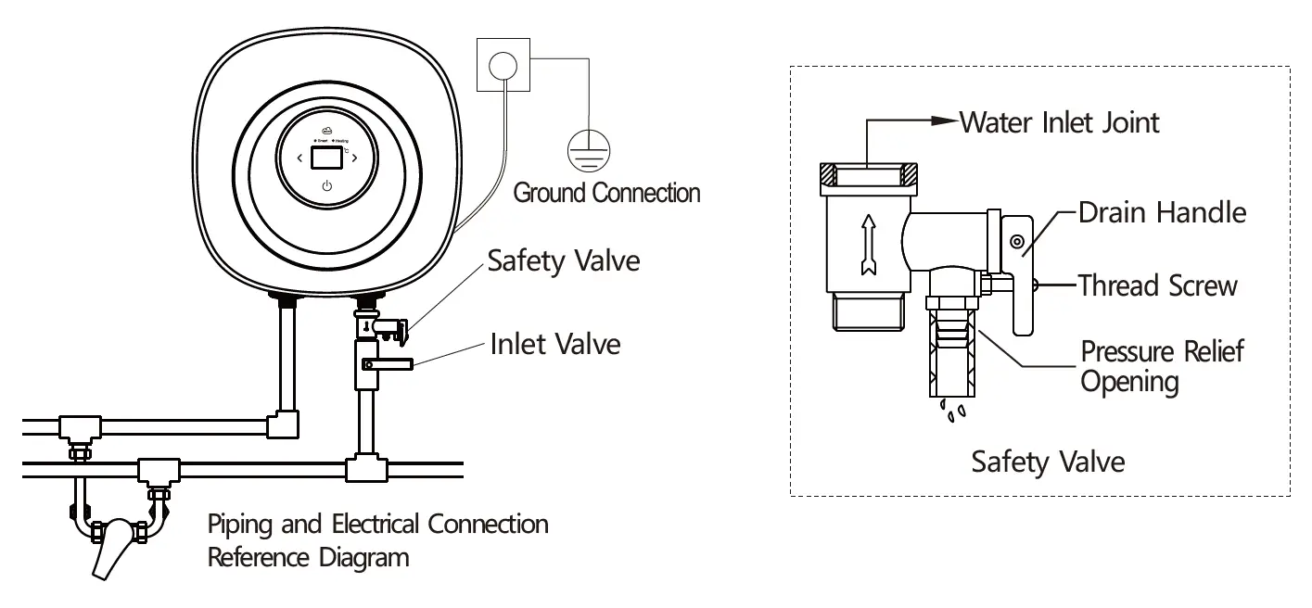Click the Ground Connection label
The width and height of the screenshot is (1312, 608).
tap(606, 194)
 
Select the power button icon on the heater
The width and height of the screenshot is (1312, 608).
tap(326, 187)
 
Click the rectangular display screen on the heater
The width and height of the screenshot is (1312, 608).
tap(325, 158)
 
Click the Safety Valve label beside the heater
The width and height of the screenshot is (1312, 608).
tap(564, 260)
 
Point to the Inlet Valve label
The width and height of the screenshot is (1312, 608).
tap(555, 345)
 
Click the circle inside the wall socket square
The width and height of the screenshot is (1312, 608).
tap(502, 64)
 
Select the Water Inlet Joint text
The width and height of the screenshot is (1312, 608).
tap(1059, 121)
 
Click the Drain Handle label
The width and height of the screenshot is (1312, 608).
tap(1162, 212)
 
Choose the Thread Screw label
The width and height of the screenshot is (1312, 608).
tap(1157, 285)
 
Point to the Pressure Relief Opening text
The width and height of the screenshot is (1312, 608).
tap(1162, 366)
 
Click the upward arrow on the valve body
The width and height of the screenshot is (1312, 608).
tap(867, 243)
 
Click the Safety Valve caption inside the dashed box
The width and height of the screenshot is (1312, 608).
tap(1047, 461)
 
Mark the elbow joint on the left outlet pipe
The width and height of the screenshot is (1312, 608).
tap(282, 424)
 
